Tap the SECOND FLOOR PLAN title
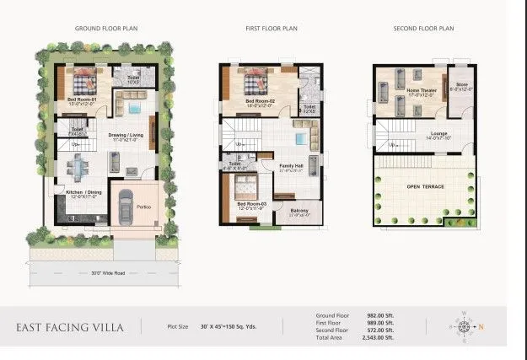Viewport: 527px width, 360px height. pyautogui.click(x=423, y=29)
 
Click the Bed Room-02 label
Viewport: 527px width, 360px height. pyautogui.click(x=261, y=102)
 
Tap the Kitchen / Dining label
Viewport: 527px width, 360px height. pyautogui.click(x=83, y=192)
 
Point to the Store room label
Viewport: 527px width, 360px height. pyautogui.click(x=461, y=83)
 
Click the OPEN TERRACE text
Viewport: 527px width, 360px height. pyautogui.click(x=424, y=185)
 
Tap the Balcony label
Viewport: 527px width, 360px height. pyautogui.click(x=298, y=211)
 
